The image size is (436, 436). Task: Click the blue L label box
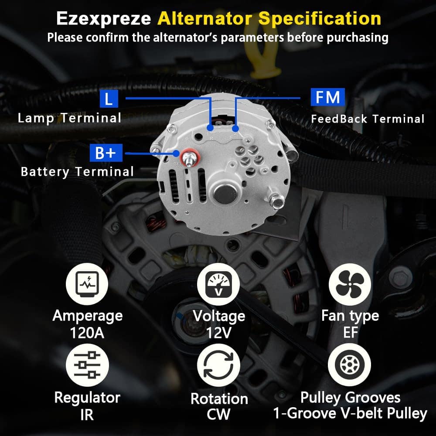click(x=109, y=99)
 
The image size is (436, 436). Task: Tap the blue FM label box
click(x=327, y=97)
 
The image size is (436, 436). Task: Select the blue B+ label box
click(x=106, y=153)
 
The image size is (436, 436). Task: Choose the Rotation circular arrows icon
click(x=218, y=366)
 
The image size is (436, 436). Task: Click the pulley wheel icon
click(x=349, y=365)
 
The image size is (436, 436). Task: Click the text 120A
click(x=87, y=333)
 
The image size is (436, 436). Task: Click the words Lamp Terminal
click(x=69, y=118)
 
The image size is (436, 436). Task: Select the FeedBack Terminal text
click(x=368, y=119)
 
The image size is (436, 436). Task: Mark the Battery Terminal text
click(x=77, y=171)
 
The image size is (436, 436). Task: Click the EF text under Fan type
click(x=350, y=333)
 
